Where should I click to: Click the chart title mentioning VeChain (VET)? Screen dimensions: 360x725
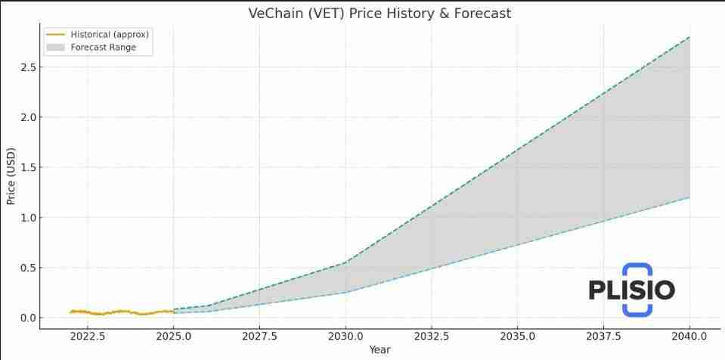pyautogui.click(x=380, y=14)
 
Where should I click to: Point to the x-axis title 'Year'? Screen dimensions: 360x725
pyautogui.click(x=380, y=349)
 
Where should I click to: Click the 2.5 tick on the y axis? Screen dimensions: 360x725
pyautogui.click(x=27, y=67)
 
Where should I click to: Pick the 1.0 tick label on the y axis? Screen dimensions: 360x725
pyautogui.click(x=27, y=218)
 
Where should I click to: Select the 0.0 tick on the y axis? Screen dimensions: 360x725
pyautogui.click(x=27, y=318)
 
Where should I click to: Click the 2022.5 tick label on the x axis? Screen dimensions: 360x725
pyautogui.click(x=88, y=336)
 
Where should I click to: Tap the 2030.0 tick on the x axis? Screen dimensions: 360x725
pyautogui.click(x=345, y=336)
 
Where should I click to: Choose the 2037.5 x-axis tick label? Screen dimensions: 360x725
pyautogui.click(x=603, y=336)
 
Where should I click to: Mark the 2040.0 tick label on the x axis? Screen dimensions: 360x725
pyautogui.click(x=689, y=336)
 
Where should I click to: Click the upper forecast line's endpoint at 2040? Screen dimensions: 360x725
pyautogui.click(x=689, y=37)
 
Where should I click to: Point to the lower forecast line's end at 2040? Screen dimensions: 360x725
pyautogui.click(x=689, y=197)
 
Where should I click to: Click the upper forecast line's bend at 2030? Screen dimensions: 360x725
pyautogui.click(x=345, y=262)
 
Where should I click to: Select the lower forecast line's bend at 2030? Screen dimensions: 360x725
pyautogui.click(x=345, y=292)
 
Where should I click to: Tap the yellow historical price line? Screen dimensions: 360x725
pyautogui.click(x=121, y=311)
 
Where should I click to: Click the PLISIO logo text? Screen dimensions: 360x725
pyautogui.click(x=631, y=290)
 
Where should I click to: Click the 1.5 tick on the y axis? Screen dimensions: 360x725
pyautogui.click(x=27, y=167)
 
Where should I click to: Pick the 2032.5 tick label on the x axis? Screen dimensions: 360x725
pyautogui.click(x=432, y=336)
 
